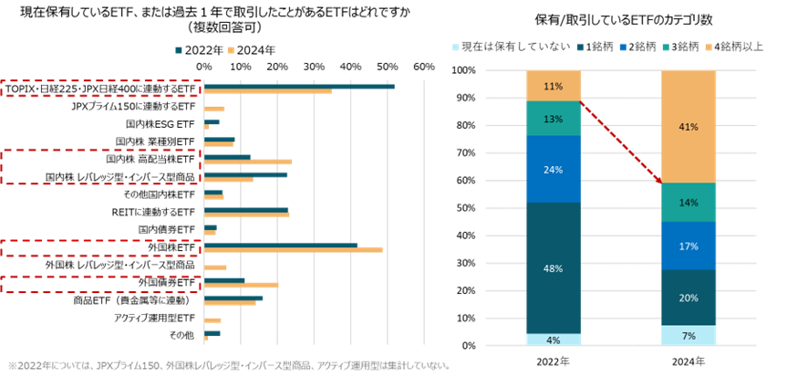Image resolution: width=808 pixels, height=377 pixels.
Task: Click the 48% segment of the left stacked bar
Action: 554,268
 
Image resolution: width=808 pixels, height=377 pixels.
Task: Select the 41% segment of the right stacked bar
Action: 689,127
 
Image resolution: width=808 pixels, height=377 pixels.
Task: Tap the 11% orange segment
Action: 554,86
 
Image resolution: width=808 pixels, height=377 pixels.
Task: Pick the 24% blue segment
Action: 554,169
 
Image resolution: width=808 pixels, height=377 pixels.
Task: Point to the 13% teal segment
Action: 554,119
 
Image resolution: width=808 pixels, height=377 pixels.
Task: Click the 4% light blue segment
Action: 554,340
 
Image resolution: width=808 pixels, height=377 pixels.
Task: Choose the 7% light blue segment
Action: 689,335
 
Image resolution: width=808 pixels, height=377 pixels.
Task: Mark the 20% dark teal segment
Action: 689,298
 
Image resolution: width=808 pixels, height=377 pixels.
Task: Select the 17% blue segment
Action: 689,246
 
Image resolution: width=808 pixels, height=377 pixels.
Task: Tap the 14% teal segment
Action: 689,202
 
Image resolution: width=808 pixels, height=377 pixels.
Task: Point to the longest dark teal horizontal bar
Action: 299,87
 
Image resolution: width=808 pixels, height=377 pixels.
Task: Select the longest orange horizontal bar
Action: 293,250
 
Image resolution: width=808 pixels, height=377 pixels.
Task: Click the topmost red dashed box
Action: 100,89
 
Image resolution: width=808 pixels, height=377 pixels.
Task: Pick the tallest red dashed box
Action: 100,167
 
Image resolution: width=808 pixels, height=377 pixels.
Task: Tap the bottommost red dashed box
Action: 100,284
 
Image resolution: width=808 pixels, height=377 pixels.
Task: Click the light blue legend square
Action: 456,47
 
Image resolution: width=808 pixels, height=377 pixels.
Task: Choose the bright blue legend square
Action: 623,47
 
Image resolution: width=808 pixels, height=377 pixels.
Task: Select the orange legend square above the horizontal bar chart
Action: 231,50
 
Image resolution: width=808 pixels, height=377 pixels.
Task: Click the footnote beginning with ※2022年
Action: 229,365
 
